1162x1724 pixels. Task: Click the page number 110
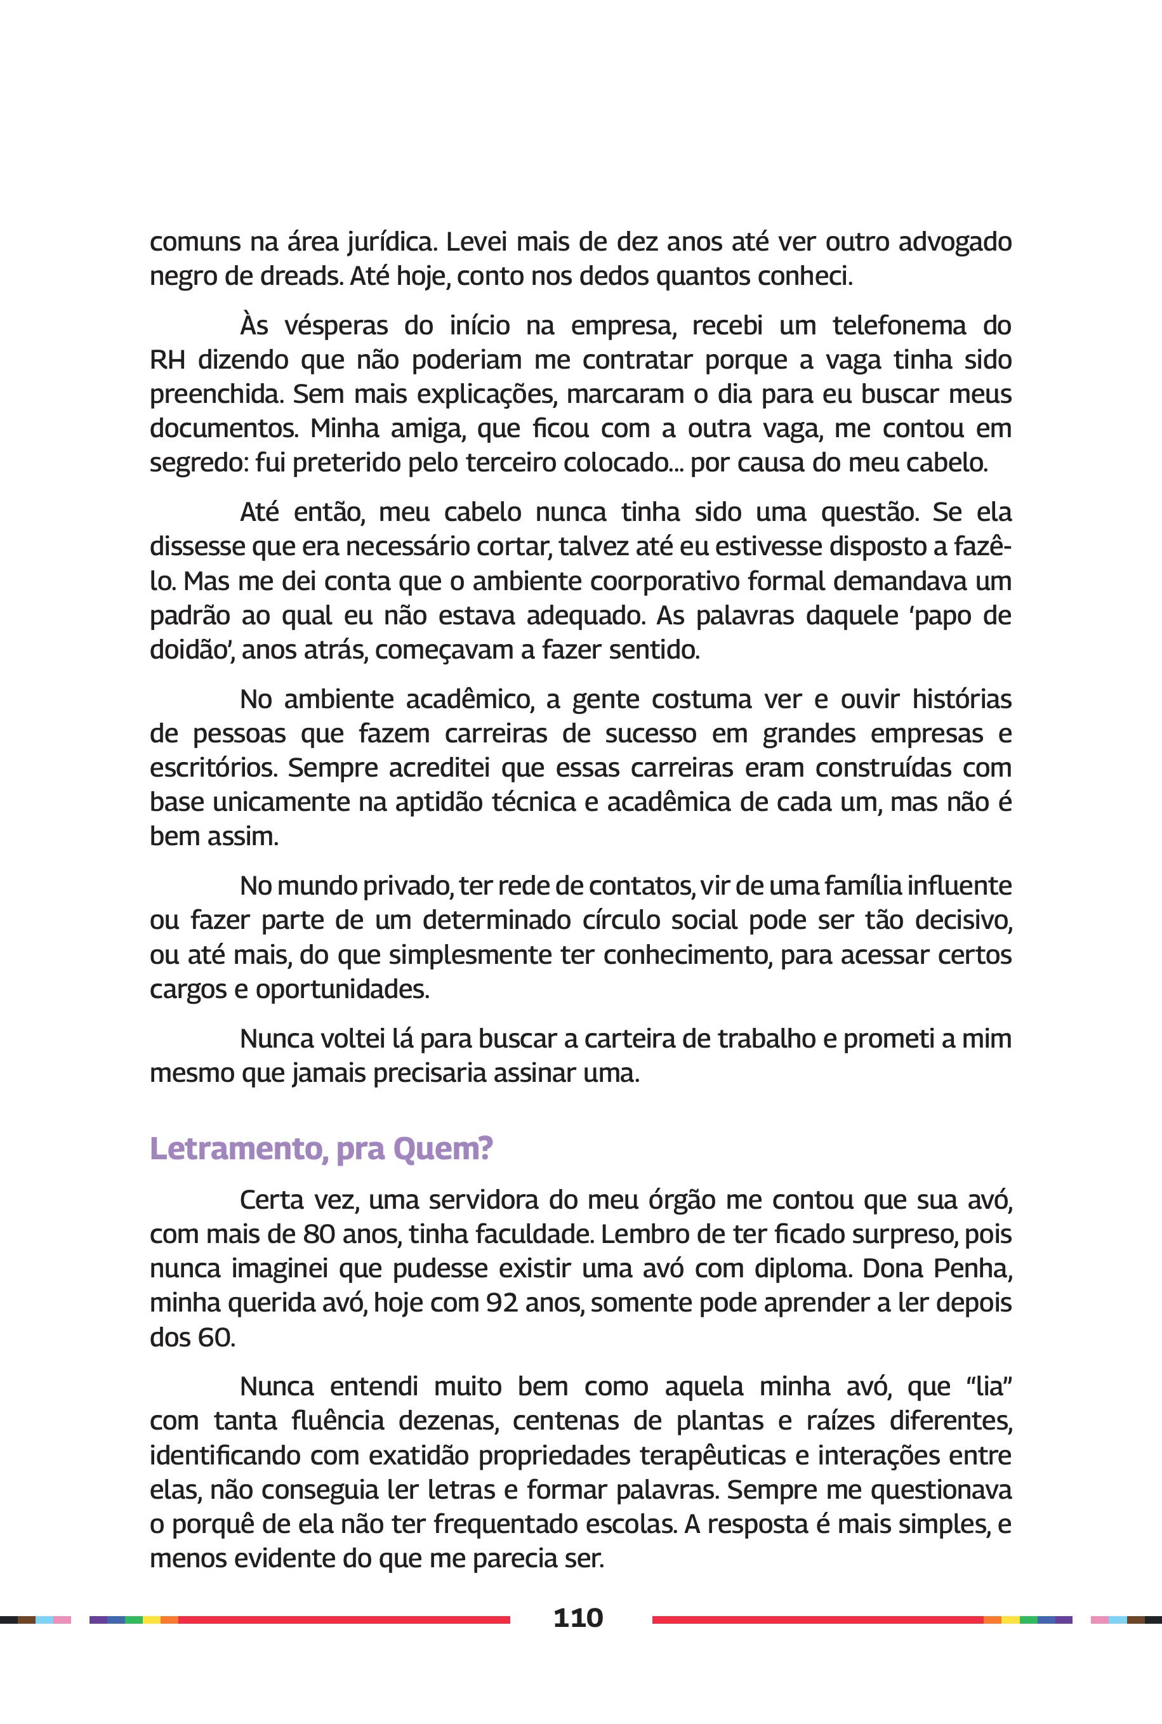click(578, 1617)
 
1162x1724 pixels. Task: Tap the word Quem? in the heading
click(443, 1149)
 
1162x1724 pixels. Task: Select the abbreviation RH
click(167, 359)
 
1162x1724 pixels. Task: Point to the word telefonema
click(899, 326)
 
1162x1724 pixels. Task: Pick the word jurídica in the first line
click(381, 242)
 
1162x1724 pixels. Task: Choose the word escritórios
click(213, 768)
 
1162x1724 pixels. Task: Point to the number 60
click(215, 1338)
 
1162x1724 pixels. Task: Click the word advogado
click(955, 242)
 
